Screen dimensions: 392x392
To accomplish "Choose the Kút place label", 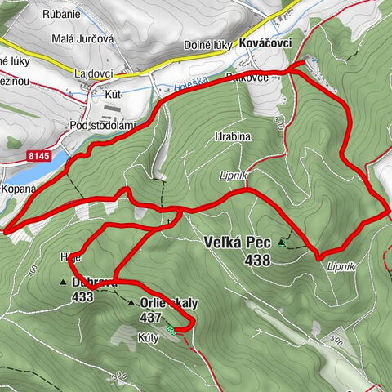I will [113, 94].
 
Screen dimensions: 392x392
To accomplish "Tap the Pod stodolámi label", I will [102, 125].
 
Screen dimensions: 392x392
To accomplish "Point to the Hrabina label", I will [233, 137].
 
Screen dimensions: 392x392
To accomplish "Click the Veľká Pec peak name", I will [238, 242].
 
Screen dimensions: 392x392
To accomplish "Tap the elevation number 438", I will [255, 260].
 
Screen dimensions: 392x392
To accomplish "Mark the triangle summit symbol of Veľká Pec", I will [282, 242].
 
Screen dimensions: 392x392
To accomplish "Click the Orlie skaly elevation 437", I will [152, 317].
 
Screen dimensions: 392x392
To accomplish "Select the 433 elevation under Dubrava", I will [82, 297].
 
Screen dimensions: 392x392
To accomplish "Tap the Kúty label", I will [125, 336].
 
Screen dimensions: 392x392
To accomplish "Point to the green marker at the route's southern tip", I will [171, 329].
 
